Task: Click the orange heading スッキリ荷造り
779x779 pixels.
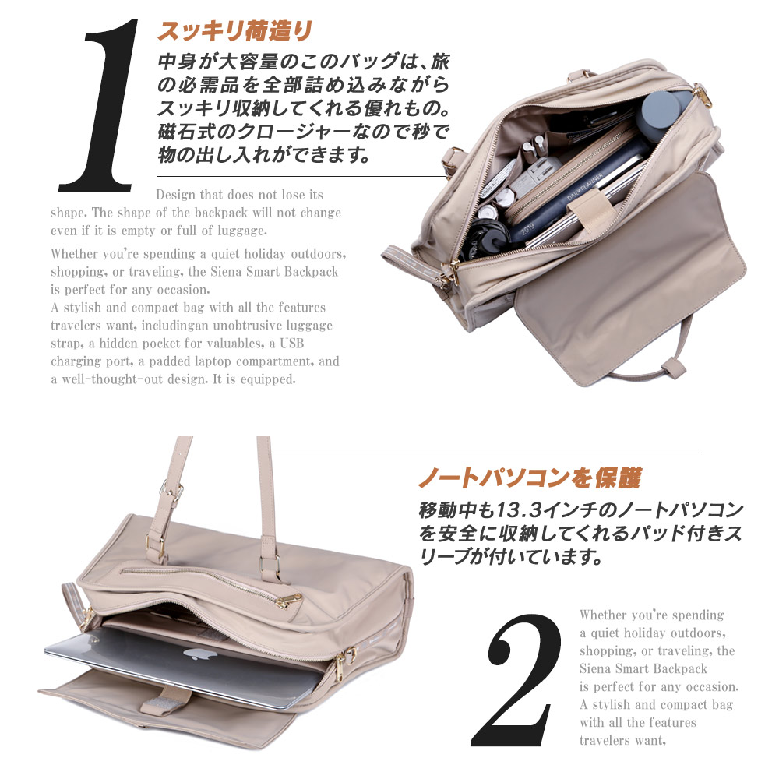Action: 234,32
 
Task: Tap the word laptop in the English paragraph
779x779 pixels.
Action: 216,361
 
